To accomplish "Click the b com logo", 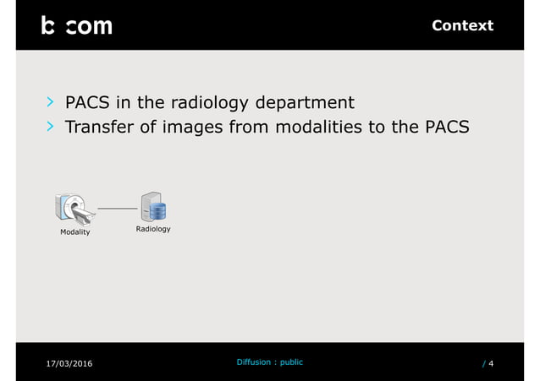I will click(76, 26).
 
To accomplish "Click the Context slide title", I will click(462, 25).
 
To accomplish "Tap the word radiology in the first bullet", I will click(209, 103).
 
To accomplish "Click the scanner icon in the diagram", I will click(74, 208).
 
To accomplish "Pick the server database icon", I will click(153, 206).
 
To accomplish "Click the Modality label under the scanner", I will click(74, 231).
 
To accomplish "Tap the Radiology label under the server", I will click(153, 229).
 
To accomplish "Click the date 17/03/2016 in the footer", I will click(69, 363).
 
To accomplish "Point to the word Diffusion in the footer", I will click(253, 362).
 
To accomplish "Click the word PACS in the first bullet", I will click(88, 103).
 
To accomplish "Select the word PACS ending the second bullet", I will click(445, 128).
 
